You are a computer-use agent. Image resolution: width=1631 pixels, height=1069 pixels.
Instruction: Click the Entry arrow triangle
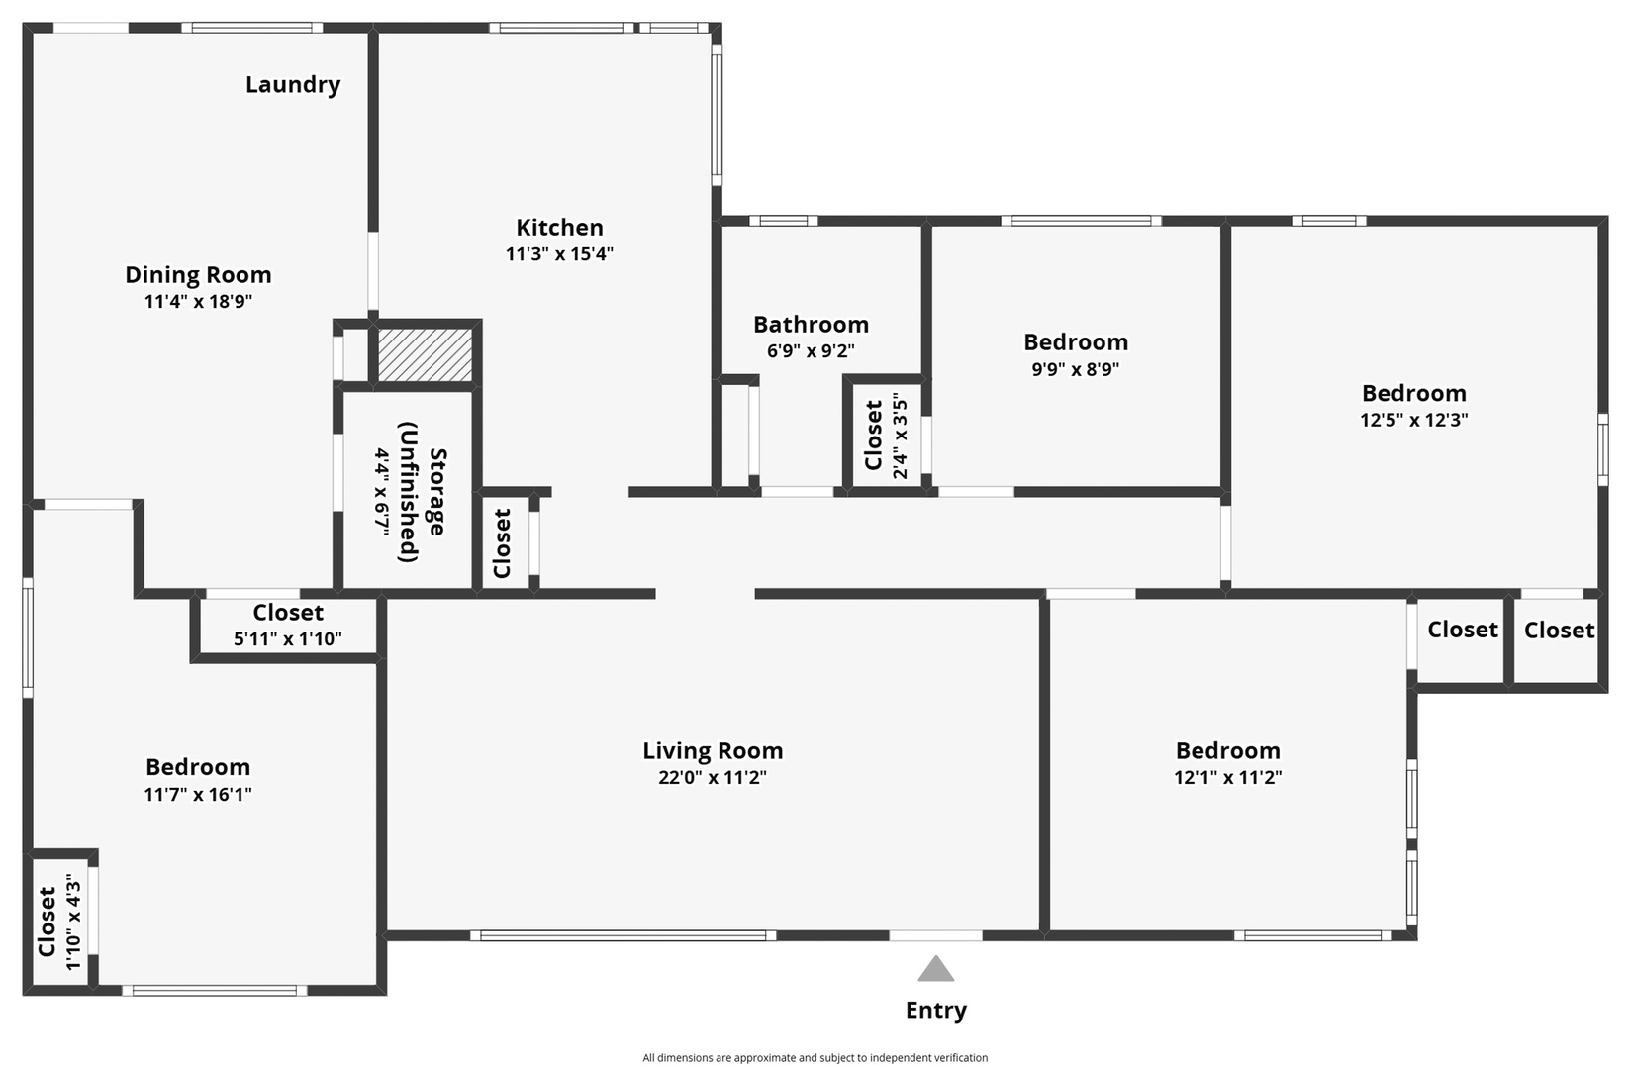(x=935, y=970)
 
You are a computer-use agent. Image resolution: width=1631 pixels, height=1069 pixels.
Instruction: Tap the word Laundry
(x=293, y=85)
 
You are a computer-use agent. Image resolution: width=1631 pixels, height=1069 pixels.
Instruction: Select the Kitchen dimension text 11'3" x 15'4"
(x=559, y=254)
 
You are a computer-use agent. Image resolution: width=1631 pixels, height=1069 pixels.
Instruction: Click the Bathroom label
(x=811, y=325)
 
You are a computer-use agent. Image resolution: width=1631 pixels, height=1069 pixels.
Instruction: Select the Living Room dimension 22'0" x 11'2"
(x=713, y=778)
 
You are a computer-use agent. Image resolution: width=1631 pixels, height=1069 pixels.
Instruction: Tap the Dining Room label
(x=198, y=275)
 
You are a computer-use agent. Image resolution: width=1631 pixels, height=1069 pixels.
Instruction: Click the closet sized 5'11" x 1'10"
(x=288, y=626)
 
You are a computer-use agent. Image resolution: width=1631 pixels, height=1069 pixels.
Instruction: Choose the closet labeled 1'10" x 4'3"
(x=59, y=922)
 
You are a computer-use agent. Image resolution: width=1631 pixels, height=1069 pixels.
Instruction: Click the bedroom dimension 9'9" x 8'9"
(x=1075, y=369)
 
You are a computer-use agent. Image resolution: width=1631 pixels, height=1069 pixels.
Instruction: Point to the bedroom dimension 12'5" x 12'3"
(x=1413, y=420)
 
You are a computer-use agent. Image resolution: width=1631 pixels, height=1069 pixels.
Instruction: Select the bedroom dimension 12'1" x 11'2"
(x=1227, y=778)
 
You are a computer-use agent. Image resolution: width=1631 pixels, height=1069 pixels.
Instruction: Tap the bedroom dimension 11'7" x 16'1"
(x=198, y=795)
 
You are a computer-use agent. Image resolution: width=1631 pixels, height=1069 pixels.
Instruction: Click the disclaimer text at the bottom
(x=815, y=1058)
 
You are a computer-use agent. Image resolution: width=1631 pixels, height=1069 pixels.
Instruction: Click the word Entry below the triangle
(x=935, y=1011)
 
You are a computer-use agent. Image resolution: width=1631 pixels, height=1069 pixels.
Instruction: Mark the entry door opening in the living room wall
(x=935, y=935)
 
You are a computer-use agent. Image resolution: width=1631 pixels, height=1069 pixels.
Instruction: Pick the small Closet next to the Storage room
(x=504, y=543)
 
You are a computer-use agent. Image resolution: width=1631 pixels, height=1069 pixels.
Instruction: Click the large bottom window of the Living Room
(x=624, y=935)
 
